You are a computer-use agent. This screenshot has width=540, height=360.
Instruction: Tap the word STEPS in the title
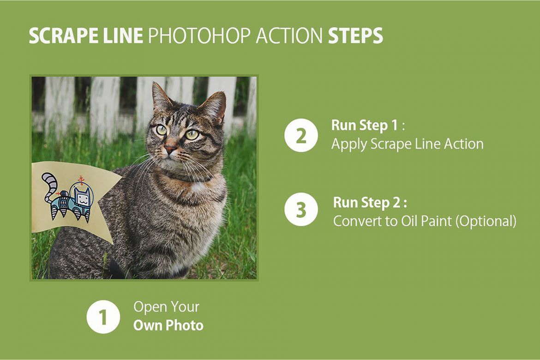355,36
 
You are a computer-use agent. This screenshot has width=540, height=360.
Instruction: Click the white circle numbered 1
103,317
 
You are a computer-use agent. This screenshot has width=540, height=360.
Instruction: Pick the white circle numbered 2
301,136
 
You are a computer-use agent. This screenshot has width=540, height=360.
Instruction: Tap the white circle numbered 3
301,210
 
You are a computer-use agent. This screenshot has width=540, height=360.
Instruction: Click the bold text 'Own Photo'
168,325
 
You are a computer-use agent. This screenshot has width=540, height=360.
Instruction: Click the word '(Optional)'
486,221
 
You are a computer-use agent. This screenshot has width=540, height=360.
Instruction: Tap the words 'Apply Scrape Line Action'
407,144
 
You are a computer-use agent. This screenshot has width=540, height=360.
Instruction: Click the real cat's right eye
162,130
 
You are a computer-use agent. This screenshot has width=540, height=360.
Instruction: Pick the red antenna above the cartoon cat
81,180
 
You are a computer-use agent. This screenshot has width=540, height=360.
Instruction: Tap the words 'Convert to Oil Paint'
392,221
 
